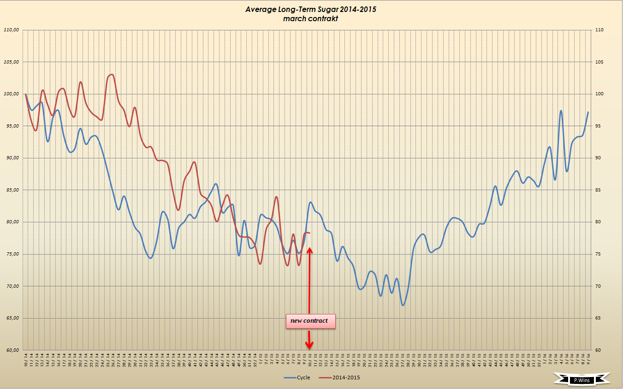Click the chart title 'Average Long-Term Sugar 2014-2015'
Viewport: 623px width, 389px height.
click(x=311, y=9)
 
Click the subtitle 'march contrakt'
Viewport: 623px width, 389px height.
click(x=311, y=18)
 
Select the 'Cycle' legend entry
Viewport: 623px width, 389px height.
click(x=298, y=378)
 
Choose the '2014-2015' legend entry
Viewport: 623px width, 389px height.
click(x=342, y=378)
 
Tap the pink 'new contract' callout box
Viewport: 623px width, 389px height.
click(x=310, y=321)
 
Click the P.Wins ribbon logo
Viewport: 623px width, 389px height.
click(x=582, y=380)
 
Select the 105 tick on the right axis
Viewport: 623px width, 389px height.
click(x=599, y=62)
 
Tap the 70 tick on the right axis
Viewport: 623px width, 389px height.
click(x=598, y=286)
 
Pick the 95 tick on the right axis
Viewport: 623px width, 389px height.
click(x=598, y=126)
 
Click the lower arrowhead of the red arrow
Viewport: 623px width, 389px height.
click(x=309, y=346)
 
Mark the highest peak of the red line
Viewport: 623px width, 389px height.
click(x=112, y=75)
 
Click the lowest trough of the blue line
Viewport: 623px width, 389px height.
click(x=403, y=305)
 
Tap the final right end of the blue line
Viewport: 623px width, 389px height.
click(x=588, y=112)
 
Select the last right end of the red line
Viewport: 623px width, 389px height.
click(x=309, y=233)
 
